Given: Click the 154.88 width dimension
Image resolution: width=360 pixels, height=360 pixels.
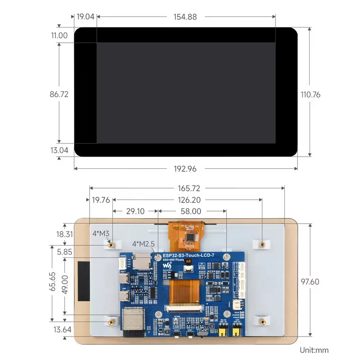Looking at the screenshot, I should (185, 17).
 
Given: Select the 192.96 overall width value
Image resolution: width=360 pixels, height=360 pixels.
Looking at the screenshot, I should (185, 169).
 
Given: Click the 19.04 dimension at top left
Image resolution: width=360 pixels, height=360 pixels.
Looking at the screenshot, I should (85, 17).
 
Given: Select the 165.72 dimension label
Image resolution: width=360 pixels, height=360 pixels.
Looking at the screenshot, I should (189, 188).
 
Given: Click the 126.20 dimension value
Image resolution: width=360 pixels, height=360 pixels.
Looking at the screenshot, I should (189, 200).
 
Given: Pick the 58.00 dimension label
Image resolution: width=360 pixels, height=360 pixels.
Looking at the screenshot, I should (191, 211).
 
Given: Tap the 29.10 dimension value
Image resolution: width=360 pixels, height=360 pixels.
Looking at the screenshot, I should (135, 211).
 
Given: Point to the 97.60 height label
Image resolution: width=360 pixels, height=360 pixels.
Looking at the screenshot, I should (310, 281).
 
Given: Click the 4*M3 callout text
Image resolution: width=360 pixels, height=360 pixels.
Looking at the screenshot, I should (101, 234).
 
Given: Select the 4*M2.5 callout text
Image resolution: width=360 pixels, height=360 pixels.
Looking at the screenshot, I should (144, 244).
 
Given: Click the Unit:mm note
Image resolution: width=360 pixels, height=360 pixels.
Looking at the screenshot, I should (314, 350).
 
